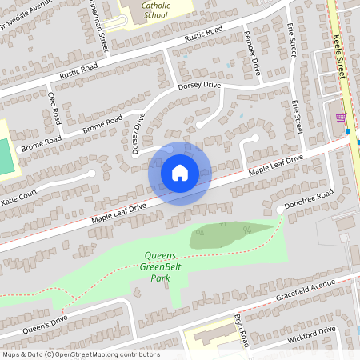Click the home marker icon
[x=180, y=172]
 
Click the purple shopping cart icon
[x=342, y=118]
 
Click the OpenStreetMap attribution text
[x=80, y=354]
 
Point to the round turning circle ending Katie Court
[x=93, y=173]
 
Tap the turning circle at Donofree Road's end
[x=279, y=210]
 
